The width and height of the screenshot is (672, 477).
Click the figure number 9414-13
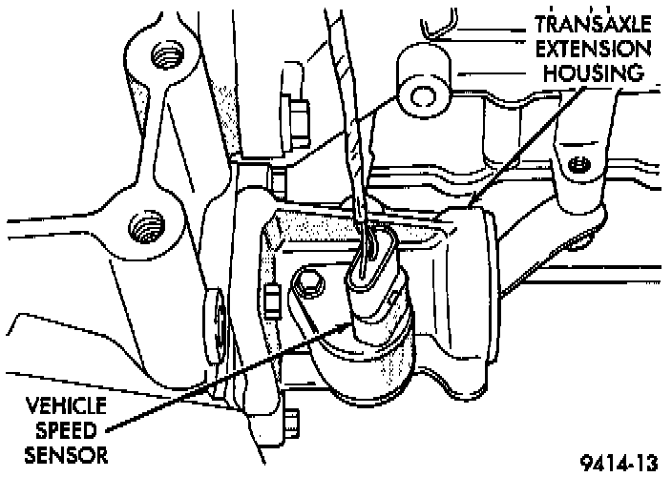point(619,462)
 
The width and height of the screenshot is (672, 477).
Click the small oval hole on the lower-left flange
point(216,323)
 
